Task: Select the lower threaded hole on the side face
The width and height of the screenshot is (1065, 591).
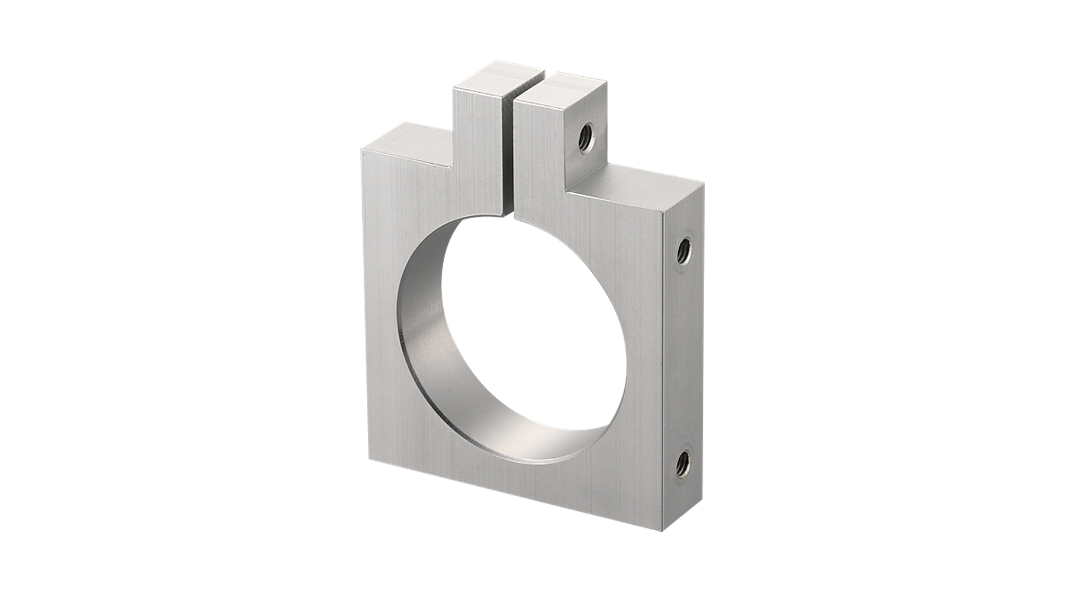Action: (x=682, y=459)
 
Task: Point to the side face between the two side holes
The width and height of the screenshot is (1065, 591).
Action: (x=683, y=355)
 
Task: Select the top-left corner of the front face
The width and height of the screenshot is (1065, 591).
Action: (x=360, y=150)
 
